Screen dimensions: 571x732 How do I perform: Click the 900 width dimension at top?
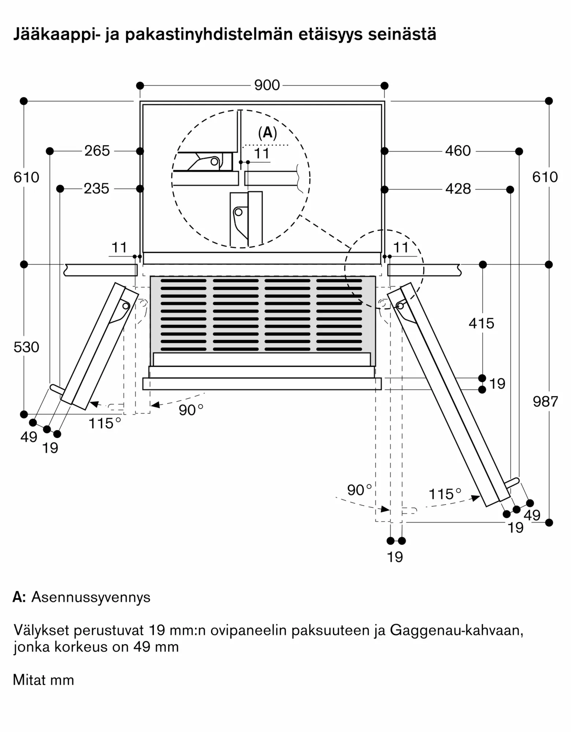(x=267, y=85)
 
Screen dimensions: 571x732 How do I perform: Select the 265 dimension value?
(x=97, y=151)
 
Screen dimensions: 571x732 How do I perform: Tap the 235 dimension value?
(x=97, y=189)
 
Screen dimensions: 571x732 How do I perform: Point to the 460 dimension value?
(x=458, y=151)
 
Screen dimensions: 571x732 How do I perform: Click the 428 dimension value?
(x=458, y=189)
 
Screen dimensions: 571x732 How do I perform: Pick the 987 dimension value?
(x=545, y=402)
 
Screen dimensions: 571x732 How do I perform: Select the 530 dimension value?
(x=26, y=347)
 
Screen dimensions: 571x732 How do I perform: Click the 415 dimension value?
(x=481, y=323)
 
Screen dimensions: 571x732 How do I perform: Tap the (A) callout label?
(x=267, y=133)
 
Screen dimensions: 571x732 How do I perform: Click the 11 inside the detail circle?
(x=262, y=154)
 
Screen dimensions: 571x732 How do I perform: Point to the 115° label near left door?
(x=105, y=423)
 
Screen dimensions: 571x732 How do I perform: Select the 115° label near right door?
(x=445, y=494)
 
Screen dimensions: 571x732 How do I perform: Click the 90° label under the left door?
(x=191, y=410)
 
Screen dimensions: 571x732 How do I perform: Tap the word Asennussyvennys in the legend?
(x=91, y=597)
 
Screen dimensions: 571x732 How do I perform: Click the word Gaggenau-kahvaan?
(x=457, y=631)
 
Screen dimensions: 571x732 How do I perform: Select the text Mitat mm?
(x=43, y=680)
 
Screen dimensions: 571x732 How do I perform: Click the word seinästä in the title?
(x=402, y=34)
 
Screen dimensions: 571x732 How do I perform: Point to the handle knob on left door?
(x=56, y=389)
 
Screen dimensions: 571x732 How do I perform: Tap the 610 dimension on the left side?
(x=26, y=178)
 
